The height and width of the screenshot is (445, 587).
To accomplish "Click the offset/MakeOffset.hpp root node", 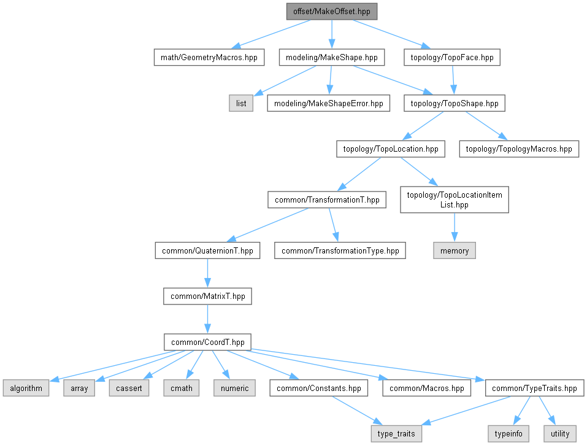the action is coord(332,12).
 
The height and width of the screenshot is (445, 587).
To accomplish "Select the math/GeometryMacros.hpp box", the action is coord(209,57).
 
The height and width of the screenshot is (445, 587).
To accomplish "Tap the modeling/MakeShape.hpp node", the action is coord(332,57).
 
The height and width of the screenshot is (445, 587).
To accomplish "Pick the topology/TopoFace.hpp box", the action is coord(452,57).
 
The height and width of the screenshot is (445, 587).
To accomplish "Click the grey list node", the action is coord(241,103).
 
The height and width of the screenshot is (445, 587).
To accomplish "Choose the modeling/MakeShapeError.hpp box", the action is coord(328,103).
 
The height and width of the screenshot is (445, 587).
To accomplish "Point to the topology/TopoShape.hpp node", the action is coord(455,103).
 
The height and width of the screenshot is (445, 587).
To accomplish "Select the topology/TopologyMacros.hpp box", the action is coord(519,149).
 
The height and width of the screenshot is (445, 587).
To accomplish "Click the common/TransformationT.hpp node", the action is coord(327,199).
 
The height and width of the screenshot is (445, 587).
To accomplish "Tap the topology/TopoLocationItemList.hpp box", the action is coord(455,199).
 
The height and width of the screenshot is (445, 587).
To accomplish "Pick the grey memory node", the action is coord(455,250).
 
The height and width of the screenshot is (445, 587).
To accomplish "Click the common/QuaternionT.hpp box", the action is coord(207,250).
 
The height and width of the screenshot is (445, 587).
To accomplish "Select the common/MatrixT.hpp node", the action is coord(207,296).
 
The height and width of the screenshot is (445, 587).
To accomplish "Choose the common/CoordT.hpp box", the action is coord(207,342).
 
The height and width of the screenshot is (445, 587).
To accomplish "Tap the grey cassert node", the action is coord(129,388).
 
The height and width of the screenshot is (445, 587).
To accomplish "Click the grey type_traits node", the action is coord(396,434).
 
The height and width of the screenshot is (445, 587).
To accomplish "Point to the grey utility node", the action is coord(560,434).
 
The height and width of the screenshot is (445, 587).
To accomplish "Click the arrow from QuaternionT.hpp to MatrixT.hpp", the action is coord(207,273).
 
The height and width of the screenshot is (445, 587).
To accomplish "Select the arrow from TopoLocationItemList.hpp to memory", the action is coord(455,227).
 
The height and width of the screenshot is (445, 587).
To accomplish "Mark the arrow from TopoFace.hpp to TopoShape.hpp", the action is coord(453,80).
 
